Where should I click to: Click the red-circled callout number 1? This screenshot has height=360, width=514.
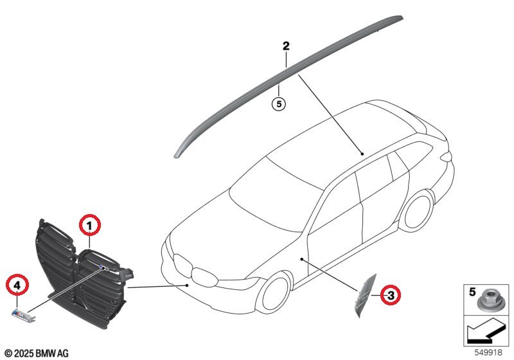tap(90, 225)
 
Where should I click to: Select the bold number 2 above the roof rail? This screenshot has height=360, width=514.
tap(286, 46)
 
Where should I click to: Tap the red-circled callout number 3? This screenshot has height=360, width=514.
tap(389, 296)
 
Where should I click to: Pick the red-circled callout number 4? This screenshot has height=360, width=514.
tap(17, 283)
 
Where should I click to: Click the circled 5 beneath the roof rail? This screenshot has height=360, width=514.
tap(278, 103)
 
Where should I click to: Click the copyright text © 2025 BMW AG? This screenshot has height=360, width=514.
tap(36, 353)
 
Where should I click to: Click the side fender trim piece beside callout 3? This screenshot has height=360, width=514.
tap(364, 296)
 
